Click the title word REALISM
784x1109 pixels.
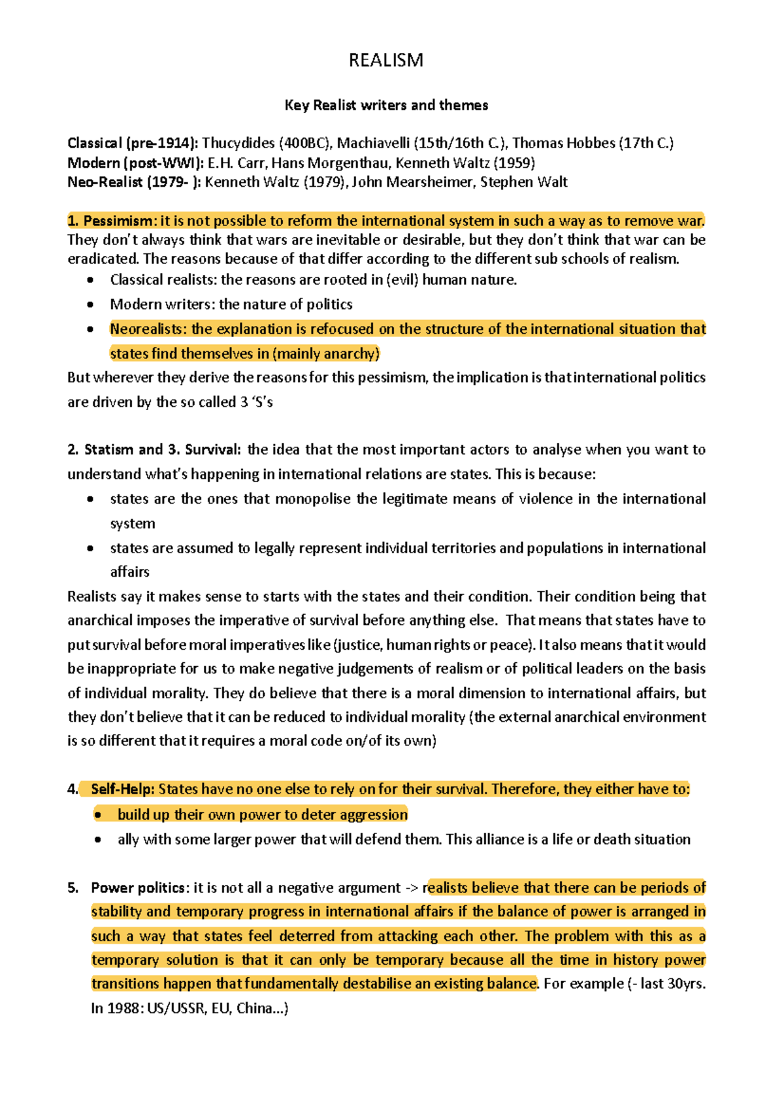point(385,61)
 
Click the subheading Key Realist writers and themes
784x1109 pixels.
point(386,105)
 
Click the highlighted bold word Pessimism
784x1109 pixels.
point(119,221)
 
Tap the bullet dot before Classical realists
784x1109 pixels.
point(90,280)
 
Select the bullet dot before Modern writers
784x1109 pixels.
point(90,304)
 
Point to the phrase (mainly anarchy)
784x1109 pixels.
point(326,354)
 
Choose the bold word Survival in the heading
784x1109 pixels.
point(212,450)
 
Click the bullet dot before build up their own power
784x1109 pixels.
point(98,815)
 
